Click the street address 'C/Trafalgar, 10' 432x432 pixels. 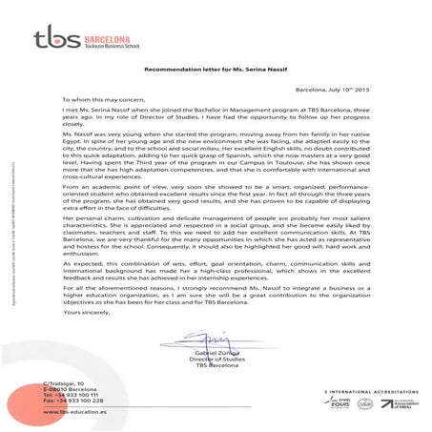66,382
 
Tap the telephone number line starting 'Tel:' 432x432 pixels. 69,396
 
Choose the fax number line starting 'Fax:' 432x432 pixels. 69,402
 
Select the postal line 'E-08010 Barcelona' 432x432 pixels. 69,389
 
